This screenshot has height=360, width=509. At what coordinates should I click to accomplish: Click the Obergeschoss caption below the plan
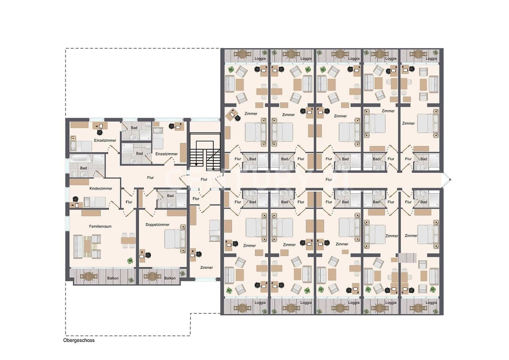pyautogui.click(x=79, y=340)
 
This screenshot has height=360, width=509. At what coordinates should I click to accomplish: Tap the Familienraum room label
pyautogui.click(x=100, y=226)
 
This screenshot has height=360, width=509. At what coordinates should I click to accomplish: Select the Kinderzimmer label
pyautogui.click(x=101, y=188)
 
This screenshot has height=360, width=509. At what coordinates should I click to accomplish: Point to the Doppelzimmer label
pyautogui.click(x=158, y=225)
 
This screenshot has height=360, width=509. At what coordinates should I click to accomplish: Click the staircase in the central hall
pyautogui.click(x=205, y=152)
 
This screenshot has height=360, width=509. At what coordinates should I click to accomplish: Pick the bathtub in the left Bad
pyautogui.click(x=80, y=158)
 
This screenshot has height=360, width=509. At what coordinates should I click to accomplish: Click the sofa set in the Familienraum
pyautogui.click(x=87, y=246)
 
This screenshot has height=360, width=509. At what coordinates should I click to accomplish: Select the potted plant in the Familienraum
pyautogui.click(x=130, y=261)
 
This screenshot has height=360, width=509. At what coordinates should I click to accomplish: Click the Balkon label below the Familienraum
pyautogui.click(x=113, y=278)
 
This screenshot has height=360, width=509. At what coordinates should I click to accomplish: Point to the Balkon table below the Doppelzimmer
pyautogui.click(x=152, y=276)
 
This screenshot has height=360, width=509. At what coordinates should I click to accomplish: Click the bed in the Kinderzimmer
pyautogui.click(x=94, y=202)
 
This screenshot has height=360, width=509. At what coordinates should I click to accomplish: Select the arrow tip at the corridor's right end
pyautogui.click(x=451, y=179)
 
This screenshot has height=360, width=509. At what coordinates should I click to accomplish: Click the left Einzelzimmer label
pyautogui.click(x=105, y=140)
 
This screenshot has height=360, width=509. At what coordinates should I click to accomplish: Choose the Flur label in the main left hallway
pyautogui.click(x=150, y=178)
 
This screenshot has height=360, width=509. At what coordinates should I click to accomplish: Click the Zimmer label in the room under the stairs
pyautogui.click(x=207, y=268)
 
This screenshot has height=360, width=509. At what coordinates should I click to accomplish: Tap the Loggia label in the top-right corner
pyautogui.click(x=431, y=58)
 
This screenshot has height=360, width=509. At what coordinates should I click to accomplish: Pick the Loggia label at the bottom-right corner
pyautogui.click(x=431, y=302)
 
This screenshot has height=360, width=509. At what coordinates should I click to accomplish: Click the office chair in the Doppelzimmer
pyautogui.click(x=148, y=255)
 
